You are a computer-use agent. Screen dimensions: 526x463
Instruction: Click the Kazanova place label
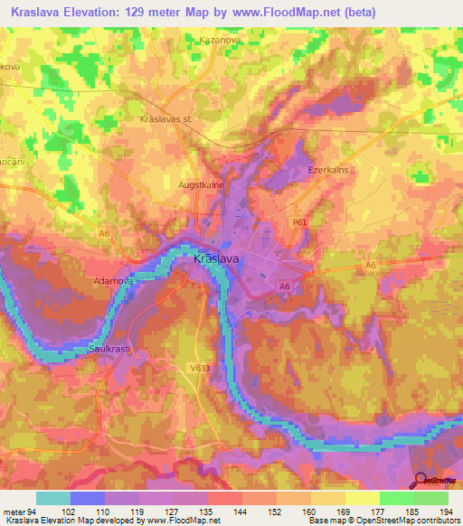(x=218, y=42)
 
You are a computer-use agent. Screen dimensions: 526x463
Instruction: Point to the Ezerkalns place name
(x=328, y=169)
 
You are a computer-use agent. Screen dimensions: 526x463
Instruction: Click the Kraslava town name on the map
(x=217, y=259)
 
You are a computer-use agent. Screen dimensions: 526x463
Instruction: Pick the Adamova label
(x=114, y=281)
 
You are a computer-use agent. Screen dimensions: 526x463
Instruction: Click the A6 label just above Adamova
(x=104, y=233)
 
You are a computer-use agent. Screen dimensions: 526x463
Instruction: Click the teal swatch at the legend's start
(x=53, y=498)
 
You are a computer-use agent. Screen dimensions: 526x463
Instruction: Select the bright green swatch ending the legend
(x=431, y=498)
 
